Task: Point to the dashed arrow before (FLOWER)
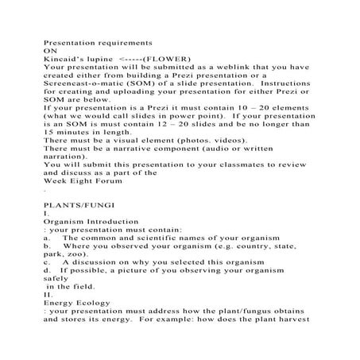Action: pyautogui.click(x=130, y=59)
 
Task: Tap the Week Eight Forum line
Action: pyautogui.click(x=80, y=192)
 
